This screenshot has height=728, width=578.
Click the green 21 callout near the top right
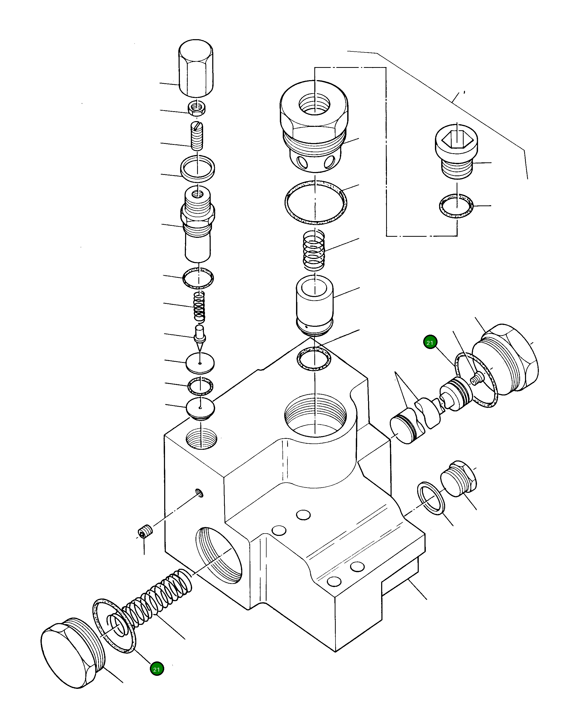point(430,342)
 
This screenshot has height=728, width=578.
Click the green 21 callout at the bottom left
point(157,669)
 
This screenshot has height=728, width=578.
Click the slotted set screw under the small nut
point(197,137)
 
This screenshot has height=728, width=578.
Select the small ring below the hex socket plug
point(456,206)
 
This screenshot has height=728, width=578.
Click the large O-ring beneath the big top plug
point(315,202)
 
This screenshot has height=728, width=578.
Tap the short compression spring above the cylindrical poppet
point(314,250)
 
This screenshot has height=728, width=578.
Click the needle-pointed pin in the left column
point(200,338)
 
